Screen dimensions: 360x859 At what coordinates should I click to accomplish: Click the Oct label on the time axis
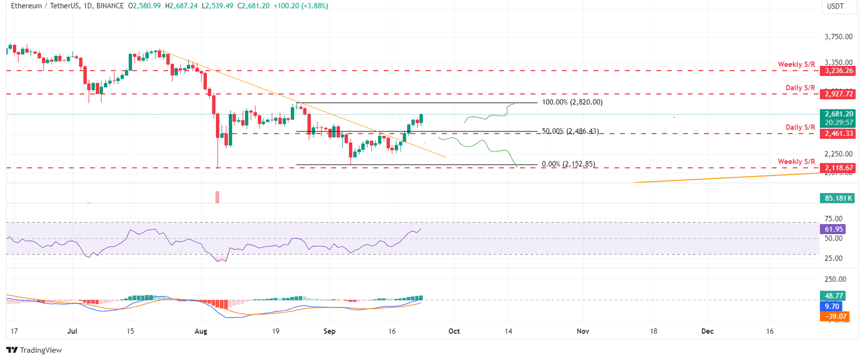tap(454, 331)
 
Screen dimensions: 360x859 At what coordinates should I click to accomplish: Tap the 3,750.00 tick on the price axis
tap(842, 37)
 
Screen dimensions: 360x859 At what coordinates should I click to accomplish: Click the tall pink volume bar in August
tap(218, 197)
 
